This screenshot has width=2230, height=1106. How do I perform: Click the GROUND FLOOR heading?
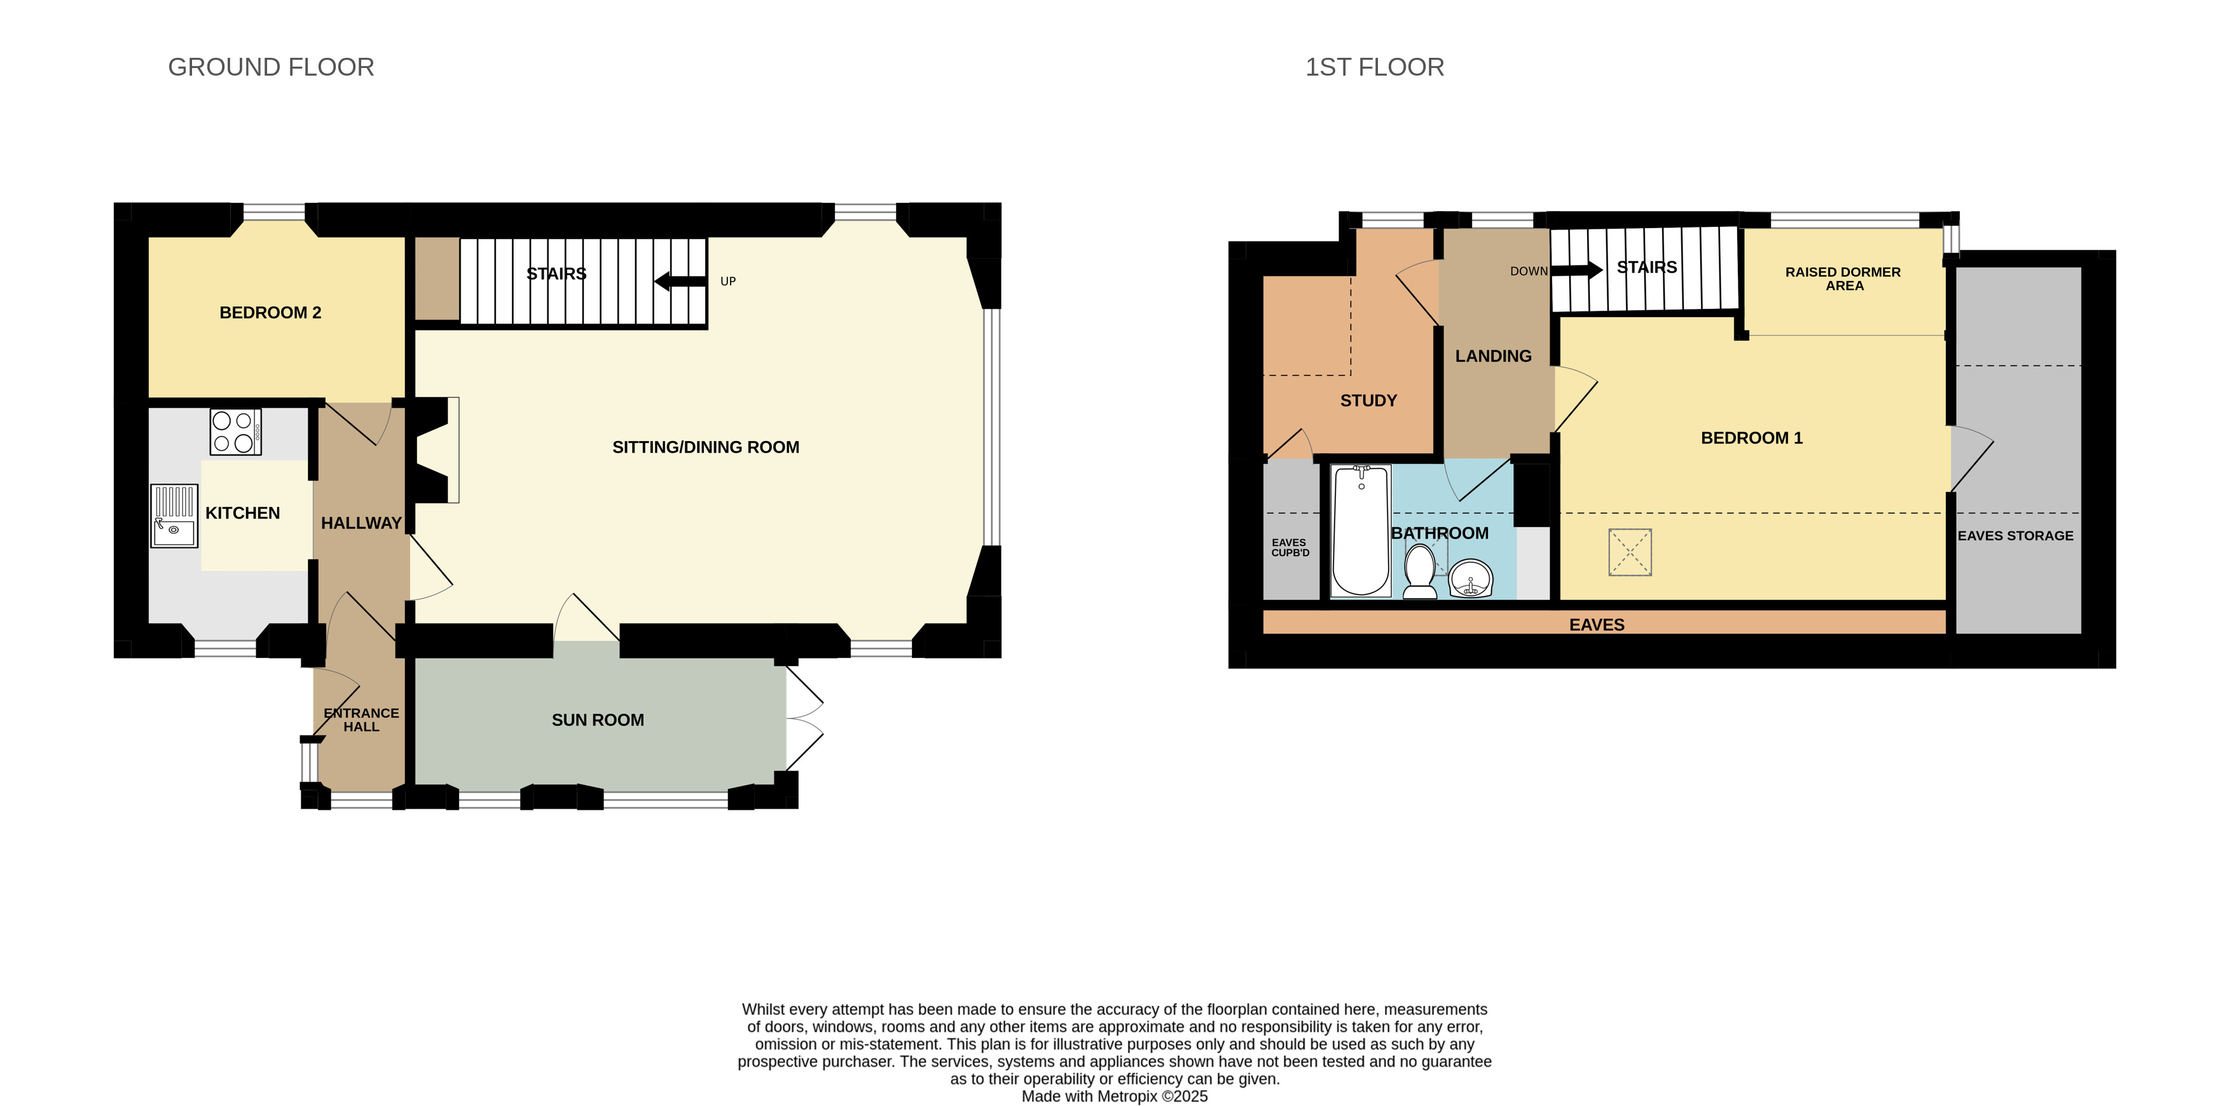coord(271,67)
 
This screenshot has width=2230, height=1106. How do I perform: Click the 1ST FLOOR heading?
coord(1375,67)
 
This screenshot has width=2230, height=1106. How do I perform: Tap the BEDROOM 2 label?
coord(270,313)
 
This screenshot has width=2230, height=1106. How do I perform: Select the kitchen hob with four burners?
coord(235,432)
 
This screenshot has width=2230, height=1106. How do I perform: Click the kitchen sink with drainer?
coord(175,515)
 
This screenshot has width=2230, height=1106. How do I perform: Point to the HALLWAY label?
coord(361,522)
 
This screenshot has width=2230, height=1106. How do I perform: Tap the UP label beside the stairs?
coord(728,281)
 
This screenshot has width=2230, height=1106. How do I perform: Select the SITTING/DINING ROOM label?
coord(706,447)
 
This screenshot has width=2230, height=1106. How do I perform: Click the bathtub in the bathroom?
coord(1361,531)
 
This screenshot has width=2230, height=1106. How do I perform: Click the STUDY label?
coord(1368,400)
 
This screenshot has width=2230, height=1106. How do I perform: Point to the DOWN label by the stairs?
coord(1529,271)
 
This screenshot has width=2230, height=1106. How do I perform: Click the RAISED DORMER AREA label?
coord(1843,278)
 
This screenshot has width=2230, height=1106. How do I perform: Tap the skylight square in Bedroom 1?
coord(1630,552)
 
